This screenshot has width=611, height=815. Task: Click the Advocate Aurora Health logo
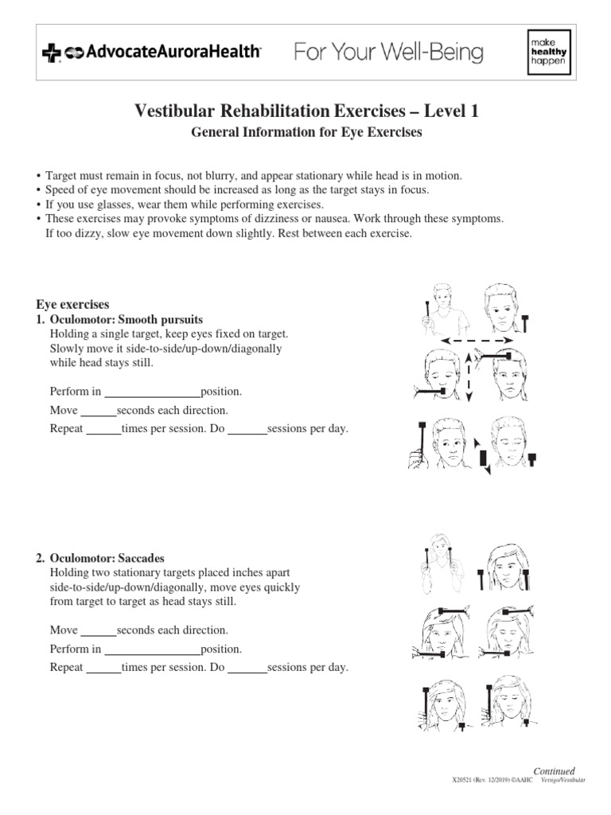(x=151, y=53)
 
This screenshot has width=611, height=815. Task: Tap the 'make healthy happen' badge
(x=549, y=53)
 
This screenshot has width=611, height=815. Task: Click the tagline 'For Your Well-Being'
(x=389, y=53)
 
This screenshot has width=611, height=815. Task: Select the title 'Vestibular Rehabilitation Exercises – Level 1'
(x=305, y=112)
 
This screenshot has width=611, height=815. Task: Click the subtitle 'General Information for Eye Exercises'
(x=305, y=133)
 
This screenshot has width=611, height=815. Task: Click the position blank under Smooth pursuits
(x=153, y=392)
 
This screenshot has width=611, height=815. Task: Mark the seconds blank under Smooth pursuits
(x=99, y=411)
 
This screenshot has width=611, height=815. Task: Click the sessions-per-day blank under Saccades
(x=247, y=668)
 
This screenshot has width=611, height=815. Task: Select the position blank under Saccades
(x=153, y=649)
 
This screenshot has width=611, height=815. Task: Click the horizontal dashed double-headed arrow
(x=477, y=341)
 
